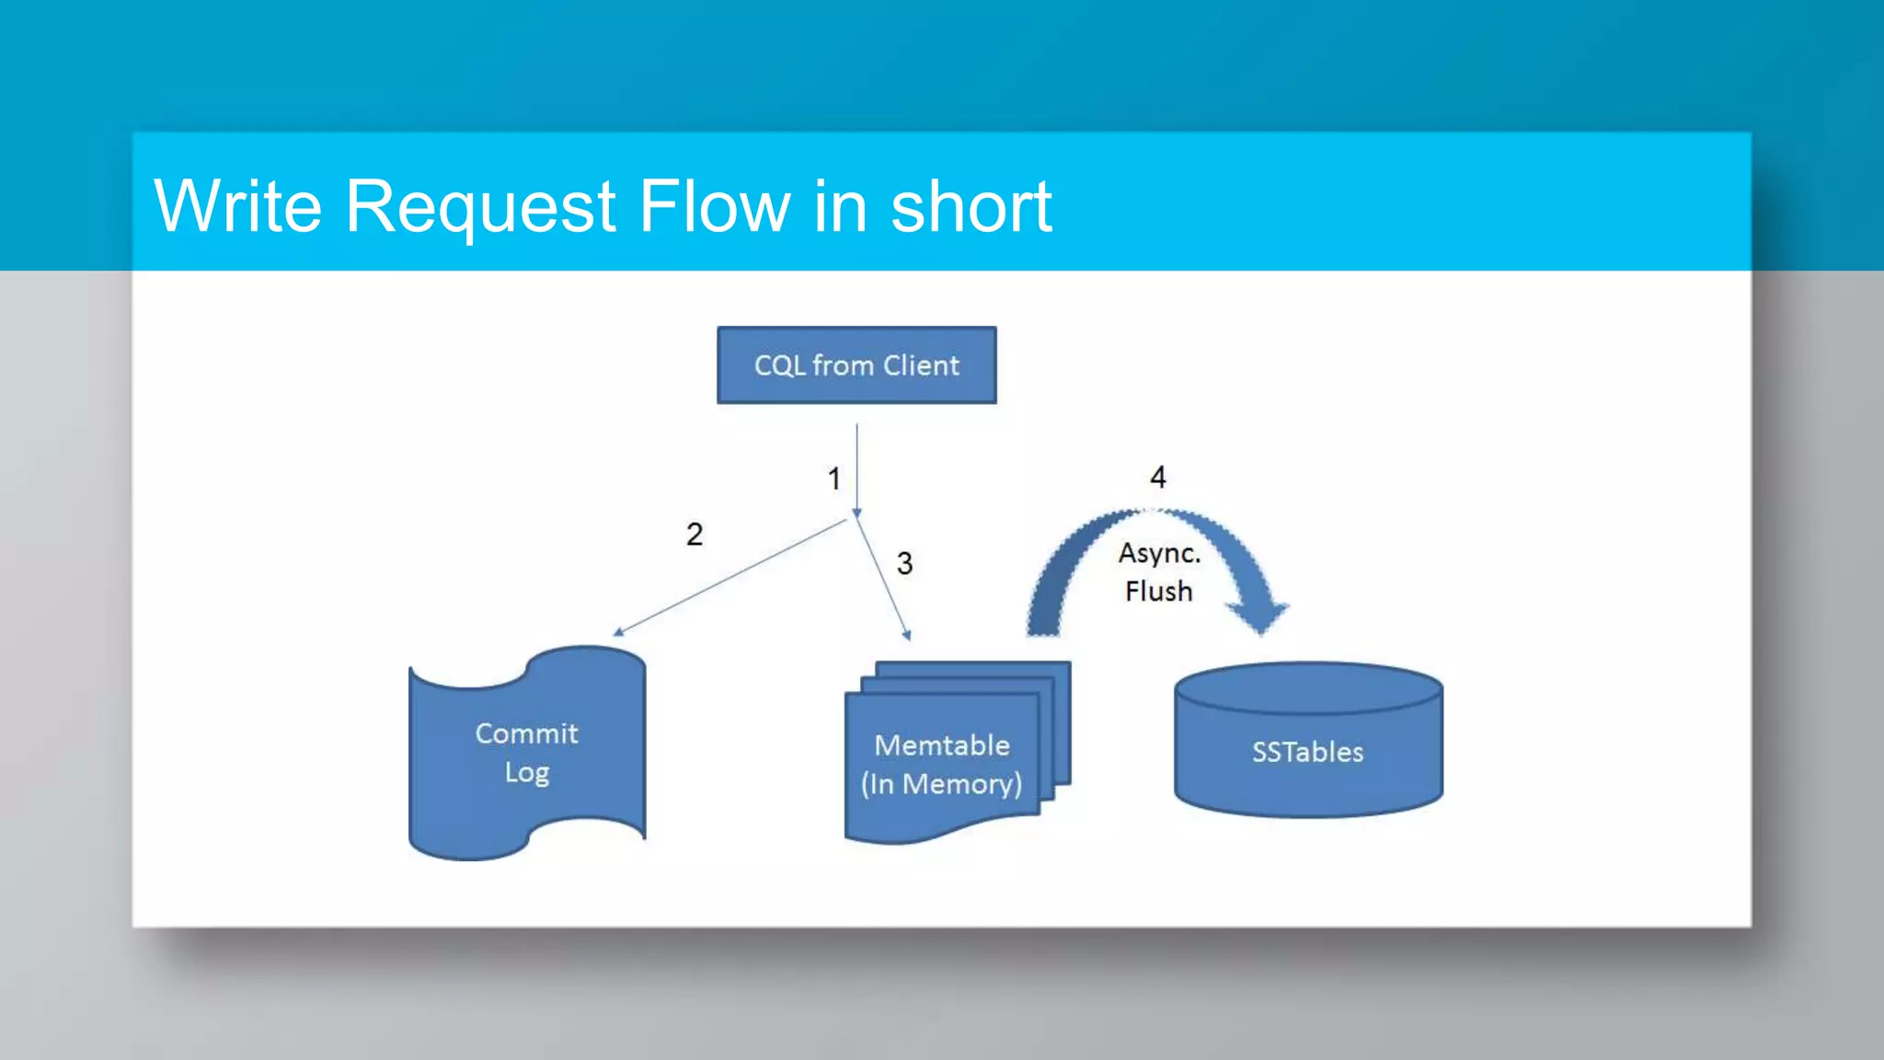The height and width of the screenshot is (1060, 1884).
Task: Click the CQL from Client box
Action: click(x=856, y=365)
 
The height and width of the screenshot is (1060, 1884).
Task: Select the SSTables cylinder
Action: click(x=1308, y=752)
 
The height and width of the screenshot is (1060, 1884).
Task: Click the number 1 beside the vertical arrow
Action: click(x=833, y=478)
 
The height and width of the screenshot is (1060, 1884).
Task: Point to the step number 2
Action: click(x=695, y=535)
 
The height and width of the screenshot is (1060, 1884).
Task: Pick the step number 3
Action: click(x=904, y=563)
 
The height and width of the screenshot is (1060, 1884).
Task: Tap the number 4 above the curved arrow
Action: click(x=1158, y=477)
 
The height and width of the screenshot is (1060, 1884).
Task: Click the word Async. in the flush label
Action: click(x=1159, y=553)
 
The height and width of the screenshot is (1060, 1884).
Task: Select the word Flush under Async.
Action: click(x=1158, y=591)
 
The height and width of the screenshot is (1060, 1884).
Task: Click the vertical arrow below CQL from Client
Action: click(x=856, y=469)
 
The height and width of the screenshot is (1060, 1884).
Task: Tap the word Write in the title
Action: click(x=238, y=206)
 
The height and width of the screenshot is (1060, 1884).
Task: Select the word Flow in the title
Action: click(x=714, y=206)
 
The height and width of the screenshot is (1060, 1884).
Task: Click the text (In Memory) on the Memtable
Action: click(x=941, y=784)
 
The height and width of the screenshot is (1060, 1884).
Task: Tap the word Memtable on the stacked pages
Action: click(x=942, y=744)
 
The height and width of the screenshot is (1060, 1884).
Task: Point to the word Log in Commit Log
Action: click(x=527, y=772)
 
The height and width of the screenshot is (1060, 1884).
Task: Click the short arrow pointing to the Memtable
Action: click(x=882, y=580)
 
